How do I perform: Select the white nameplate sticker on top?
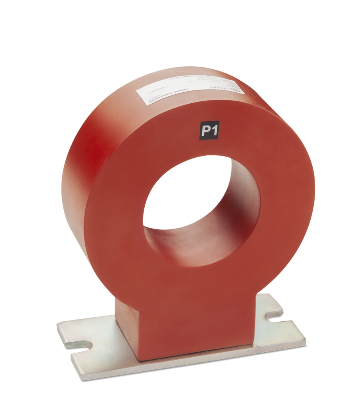pos(190,91)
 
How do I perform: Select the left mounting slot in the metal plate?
pos(83,345)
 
